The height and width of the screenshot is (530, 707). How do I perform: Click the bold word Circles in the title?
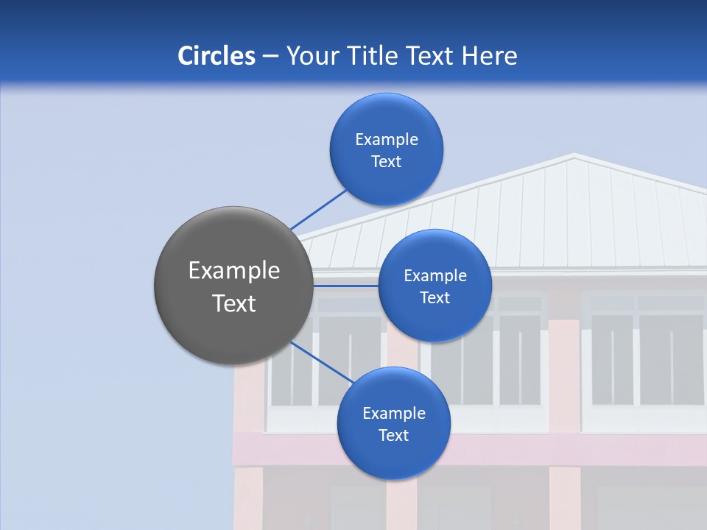click(217, 56)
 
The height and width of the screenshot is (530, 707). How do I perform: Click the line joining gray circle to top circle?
click(318, 209)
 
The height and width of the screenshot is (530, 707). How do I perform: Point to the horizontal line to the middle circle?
click(345, 286)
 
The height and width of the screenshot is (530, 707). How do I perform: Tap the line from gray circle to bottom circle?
click(323, 363)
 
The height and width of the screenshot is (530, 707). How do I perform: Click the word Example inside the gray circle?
click(234, 271)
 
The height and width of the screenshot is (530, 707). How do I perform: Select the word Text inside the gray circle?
click(234, 303)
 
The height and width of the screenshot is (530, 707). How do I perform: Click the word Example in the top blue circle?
click(387, 139)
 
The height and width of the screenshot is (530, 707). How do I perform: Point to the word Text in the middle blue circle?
click(435, 298)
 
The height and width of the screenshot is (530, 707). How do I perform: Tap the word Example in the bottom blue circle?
click(393, 413)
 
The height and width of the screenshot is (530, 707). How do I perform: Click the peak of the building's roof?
click(574, 155)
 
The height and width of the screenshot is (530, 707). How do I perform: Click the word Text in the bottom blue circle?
click(393, 436)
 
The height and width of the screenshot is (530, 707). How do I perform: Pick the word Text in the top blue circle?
click(387, 162)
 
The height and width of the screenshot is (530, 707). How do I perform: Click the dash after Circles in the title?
click(270, 57)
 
